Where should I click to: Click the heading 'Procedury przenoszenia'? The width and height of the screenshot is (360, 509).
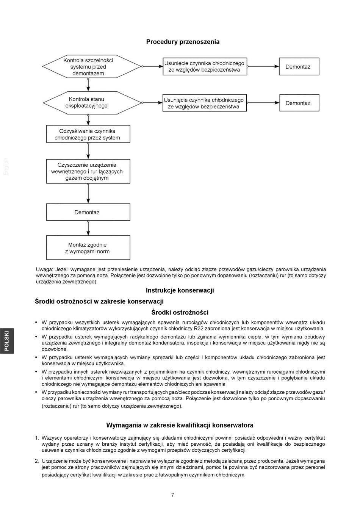click(x=183, y=42)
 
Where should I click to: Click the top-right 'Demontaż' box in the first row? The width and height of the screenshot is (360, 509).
click(x=299, y=67)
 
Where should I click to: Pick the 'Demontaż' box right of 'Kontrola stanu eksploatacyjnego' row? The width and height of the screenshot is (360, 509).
click(x=299, y=103)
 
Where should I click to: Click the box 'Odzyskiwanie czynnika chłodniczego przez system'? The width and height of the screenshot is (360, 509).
click(x=88, y=134)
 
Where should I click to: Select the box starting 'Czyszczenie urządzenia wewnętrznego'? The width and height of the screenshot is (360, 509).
click(x=88, y=171)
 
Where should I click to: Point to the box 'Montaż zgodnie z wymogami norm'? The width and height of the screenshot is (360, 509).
click(x=88, y=248)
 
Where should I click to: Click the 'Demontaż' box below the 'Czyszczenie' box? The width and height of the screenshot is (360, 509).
click(x=88, y=212)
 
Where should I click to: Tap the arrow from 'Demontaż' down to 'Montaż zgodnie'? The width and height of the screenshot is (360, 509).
click(x=88, y=228)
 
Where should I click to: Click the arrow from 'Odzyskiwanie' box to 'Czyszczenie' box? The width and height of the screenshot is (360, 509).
click(x=88, y=151)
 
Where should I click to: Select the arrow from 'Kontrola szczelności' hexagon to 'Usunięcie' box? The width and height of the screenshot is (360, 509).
click(x=152, y=66)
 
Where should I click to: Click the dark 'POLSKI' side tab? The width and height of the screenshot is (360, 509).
click(x=7, y=341)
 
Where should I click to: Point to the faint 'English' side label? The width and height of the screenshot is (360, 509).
click(x=6, y=166)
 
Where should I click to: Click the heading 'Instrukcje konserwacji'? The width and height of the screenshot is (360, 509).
click(x=180, y=290)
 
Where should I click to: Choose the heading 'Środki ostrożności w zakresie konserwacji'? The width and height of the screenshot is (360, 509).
click(x=99, y=301)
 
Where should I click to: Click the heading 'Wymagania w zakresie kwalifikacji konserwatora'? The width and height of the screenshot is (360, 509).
click(x=180, y=425)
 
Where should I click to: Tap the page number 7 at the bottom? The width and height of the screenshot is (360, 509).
click(x=173, y=495)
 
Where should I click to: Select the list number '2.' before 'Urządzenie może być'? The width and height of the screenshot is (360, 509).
click(x=37, y=461)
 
